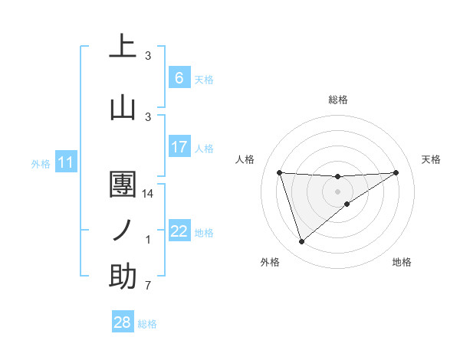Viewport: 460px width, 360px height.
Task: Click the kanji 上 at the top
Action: click(x=123, y=45)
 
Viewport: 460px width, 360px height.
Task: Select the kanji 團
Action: click(x=123, y=185)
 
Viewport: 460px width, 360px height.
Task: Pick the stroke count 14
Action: click(x=149, y=194)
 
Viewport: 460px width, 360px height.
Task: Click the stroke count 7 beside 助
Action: click(x=148, y=286)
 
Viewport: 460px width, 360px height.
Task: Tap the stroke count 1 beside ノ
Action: click(x=148, y=240)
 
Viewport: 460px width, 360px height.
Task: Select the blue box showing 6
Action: click(x=179, y=77)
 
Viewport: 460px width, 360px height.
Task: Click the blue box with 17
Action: click(x=179, y=146)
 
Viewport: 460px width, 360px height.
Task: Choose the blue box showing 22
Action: click(x=179, y=231)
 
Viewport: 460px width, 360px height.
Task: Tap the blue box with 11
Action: click(x=65, y=162)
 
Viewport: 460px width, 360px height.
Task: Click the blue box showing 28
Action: click(x=123, y=322)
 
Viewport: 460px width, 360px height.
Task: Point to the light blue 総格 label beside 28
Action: click(x=147, y=324)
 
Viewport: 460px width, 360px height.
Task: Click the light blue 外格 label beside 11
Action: click(x=40, y=163)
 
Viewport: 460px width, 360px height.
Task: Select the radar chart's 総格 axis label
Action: click(x=337, y=100)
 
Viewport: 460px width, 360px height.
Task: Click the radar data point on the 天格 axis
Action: click(x=396, y=172)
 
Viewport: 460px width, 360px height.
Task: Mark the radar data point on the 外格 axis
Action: click(x=301, y=241)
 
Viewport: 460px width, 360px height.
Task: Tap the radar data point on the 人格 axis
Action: click(x=279, y=172)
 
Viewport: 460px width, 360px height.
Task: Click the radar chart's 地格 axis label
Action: click(x=402, y=262)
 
